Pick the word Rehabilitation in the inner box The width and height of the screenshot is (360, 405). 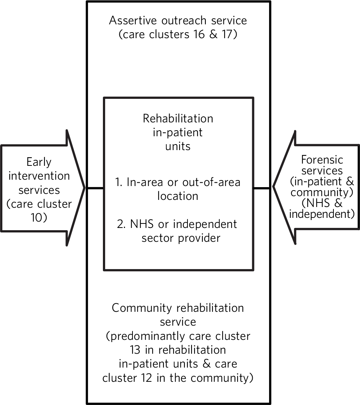tap(178, 119)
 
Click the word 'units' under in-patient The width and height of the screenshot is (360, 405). tap(178, 146)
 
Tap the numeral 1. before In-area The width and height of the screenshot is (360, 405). tap(119, 182)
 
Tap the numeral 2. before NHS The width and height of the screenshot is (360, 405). tap(121, 224)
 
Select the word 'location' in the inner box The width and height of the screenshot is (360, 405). tap(178, 196)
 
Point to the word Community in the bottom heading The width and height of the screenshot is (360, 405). tap(141, 308)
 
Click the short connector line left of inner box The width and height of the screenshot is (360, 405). tap(95, 188)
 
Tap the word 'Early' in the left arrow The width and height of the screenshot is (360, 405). tap(39, 162)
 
